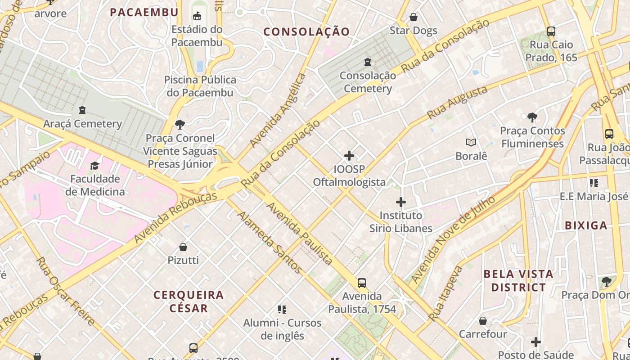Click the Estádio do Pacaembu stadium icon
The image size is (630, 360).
point(197,17)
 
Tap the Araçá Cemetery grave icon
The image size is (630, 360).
point(82,110)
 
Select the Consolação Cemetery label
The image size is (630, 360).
point(368,82)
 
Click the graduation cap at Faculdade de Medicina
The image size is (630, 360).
point(94,166)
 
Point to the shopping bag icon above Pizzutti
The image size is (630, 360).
point(183,247)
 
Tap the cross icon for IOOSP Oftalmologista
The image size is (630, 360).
point(349,156)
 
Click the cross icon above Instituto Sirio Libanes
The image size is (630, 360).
point(400,202)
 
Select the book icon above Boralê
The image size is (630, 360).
point(471,143)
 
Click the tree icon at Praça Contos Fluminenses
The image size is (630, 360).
point(532,118)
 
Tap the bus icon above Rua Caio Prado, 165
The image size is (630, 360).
point(551,31)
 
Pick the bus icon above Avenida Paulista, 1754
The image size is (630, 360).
point(361,283)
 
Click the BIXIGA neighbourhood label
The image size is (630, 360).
point(586,225)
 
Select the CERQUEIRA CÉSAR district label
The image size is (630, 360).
point(189,301)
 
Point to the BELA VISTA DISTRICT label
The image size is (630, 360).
point(518,280)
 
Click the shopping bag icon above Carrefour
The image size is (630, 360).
point(482,321)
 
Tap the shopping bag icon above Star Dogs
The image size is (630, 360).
point(413,18)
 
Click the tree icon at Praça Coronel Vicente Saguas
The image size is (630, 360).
point(180,125)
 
